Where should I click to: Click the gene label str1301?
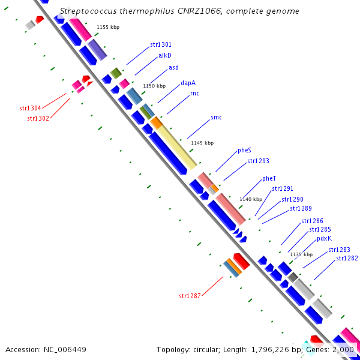pos(161,44)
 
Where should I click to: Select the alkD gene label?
pos(165,55)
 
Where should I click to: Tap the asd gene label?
pos(173,67)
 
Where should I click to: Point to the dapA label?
pos(188,83)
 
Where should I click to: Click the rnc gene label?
pos(194,94)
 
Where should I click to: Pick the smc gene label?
pos(216,117)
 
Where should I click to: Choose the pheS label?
pos(244,150)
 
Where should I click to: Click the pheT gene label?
pos(269,178)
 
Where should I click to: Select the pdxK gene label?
pos(324,238)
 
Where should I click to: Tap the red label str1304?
pos(30,108)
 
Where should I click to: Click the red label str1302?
pos(38,118)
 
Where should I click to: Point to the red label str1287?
pos(190,296)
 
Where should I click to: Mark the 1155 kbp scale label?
pos(108,27)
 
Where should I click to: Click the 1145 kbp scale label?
pos(202,143)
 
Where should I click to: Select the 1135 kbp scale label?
pos(301,254)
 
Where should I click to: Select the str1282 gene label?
pos(347,258)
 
